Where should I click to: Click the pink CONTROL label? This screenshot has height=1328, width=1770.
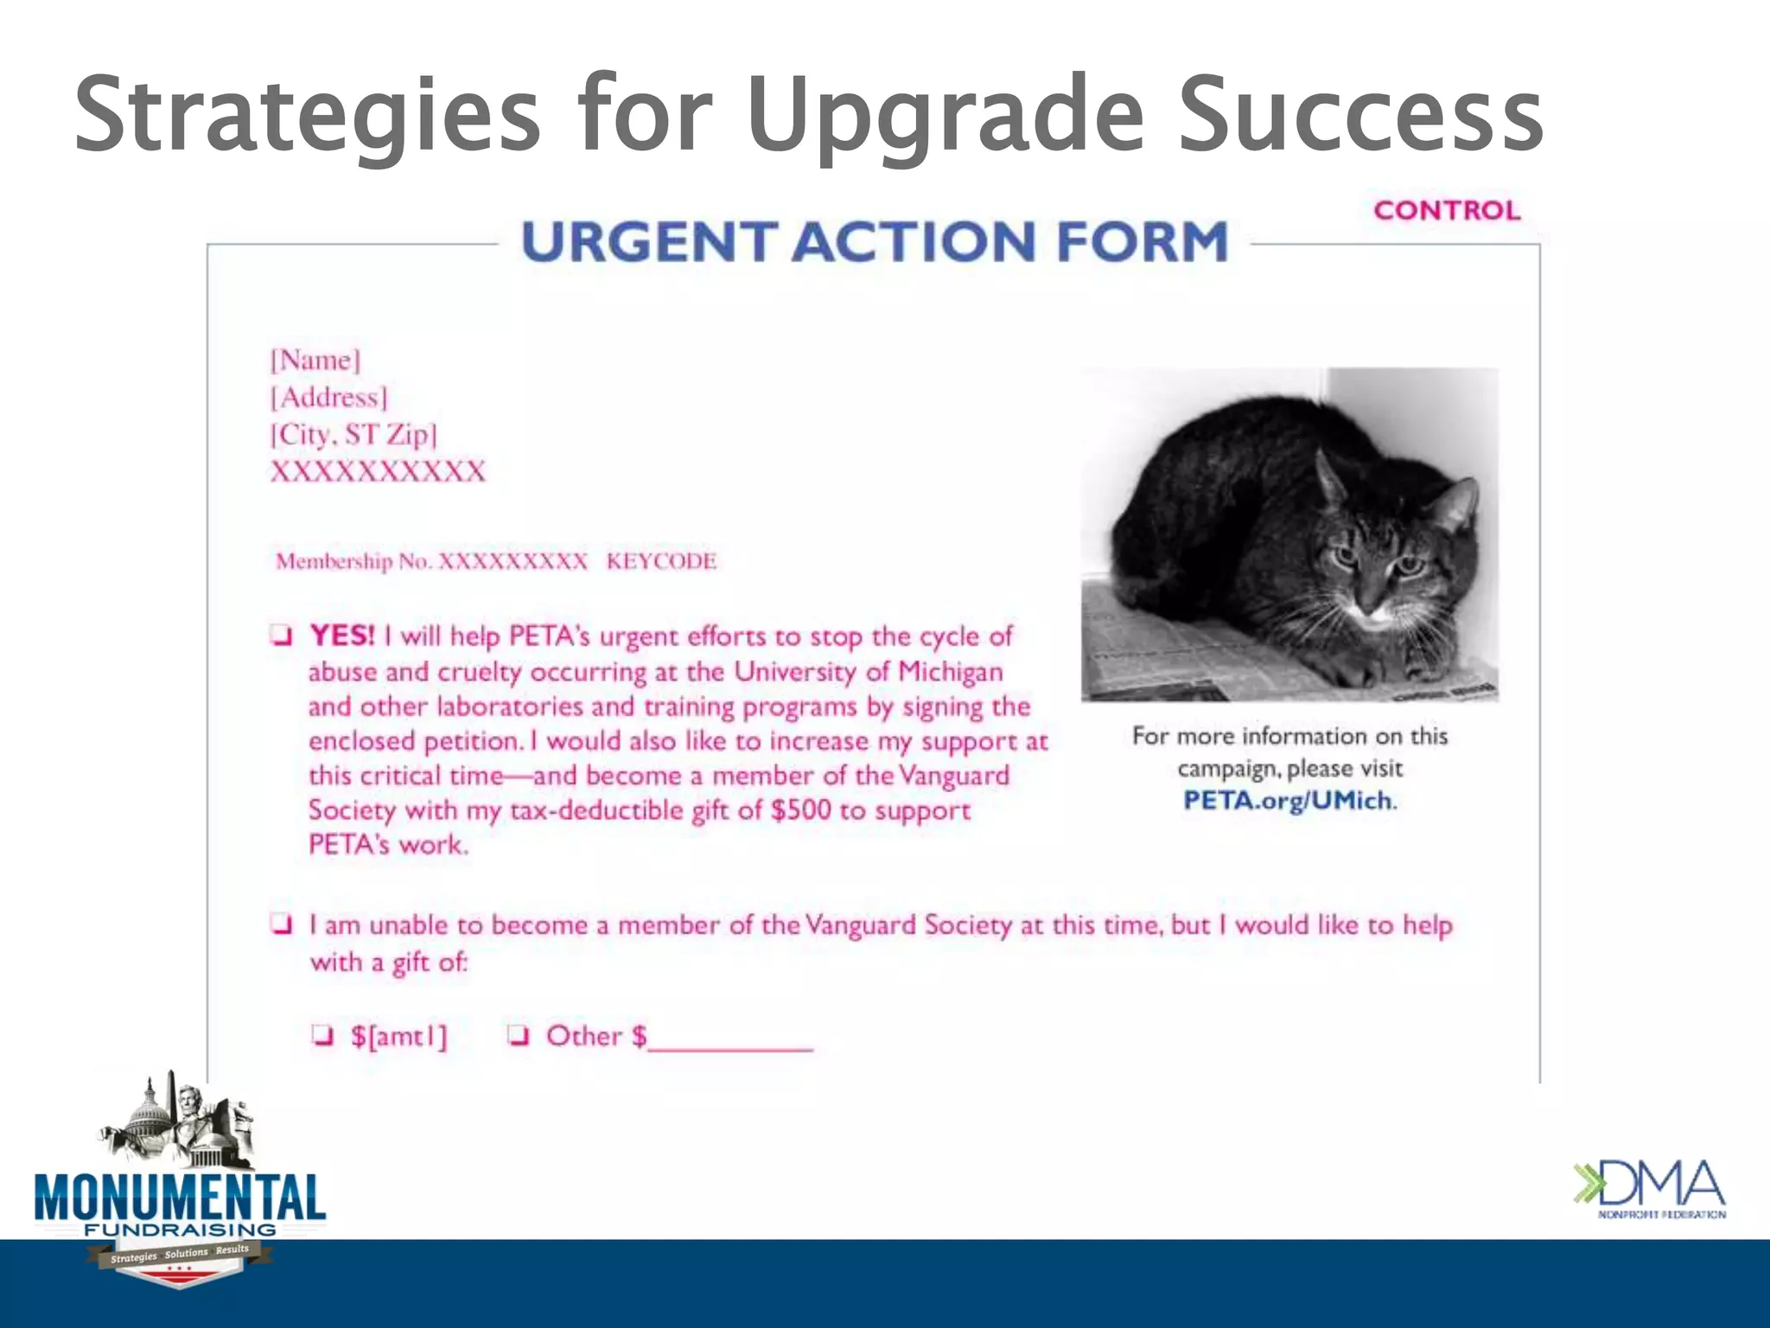tap(1447, 210)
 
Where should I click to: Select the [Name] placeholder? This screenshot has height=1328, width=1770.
tap(315, 360)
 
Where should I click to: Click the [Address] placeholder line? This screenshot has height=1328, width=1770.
tap(329, 398)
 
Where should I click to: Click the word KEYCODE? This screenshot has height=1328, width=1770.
tap(661, 561)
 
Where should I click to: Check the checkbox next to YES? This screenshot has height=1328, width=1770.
tap(280, 635)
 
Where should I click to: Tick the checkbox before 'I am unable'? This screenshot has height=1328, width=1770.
tap(280, 923)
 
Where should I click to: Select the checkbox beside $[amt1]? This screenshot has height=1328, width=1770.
tap(322, 1035)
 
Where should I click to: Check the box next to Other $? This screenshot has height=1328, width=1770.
tap(518, 1035)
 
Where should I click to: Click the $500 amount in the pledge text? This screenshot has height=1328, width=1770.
tap(800, 810)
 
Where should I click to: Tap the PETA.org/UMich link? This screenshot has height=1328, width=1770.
tap(1288, 801)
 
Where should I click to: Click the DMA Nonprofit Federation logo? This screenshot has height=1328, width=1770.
tap(1649, 1189)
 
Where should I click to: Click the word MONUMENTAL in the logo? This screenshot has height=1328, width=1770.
tap(180, 1198)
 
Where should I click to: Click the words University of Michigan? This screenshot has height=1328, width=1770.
tap(868, 672)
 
